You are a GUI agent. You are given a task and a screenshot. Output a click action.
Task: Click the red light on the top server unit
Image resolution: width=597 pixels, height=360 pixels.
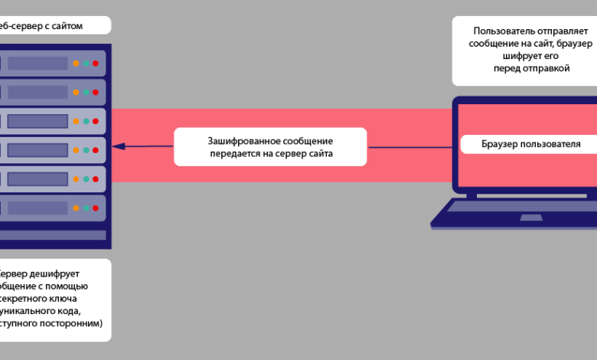pos(96,64)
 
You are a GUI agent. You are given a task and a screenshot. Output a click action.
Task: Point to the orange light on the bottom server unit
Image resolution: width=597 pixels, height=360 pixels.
pos(75,208)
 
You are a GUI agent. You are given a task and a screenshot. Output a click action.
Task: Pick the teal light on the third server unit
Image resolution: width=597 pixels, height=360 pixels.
pos(86,121)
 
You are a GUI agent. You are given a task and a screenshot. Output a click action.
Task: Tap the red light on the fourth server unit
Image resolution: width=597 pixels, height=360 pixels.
pos(96,150)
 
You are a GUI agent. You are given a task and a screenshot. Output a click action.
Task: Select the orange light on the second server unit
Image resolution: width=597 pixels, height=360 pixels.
pos(75,93)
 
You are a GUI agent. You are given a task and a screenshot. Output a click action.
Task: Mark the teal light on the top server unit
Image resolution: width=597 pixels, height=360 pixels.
pos(86,64)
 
